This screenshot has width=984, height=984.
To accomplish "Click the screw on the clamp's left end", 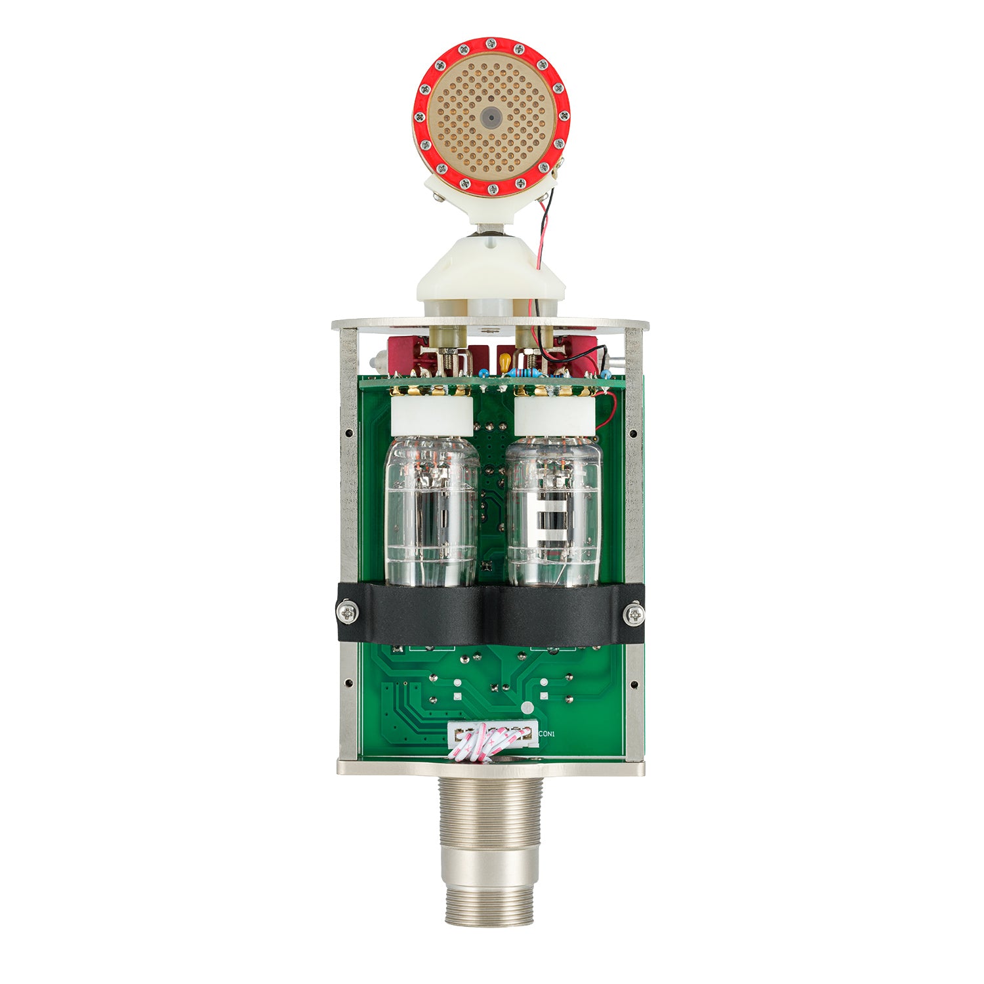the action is coord(347,613).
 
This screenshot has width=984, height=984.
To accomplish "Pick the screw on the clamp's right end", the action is coord(634,614).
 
